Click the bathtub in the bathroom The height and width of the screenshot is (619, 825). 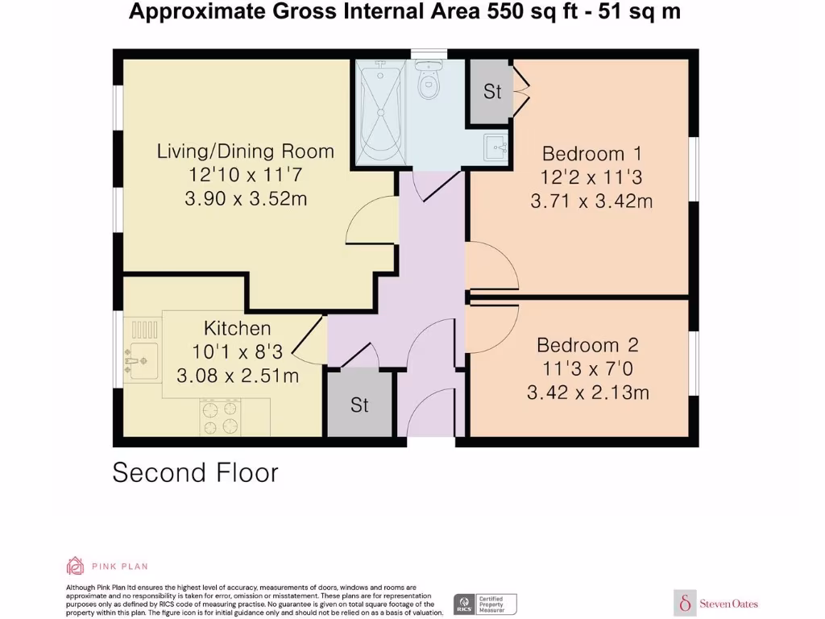tap(382, 115)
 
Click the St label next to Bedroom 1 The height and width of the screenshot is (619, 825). tap(491, 92)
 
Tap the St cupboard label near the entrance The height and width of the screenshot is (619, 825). tap(359, 405)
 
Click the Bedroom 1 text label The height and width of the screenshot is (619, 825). tap(583, 153)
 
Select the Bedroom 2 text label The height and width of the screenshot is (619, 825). tap(587, 345)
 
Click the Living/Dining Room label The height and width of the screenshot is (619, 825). tap(245, 151)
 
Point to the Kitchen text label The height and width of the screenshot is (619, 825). tap(237, 328)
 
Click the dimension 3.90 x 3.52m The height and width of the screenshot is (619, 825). tap(245, 198)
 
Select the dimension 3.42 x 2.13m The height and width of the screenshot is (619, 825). tap(587, 393)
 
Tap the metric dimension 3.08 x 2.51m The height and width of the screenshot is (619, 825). tap(238, 375)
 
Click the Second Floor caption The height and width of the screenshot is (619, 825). tap(195, 472)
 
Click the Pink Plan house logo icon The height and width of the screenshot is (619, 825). tap(75, 566)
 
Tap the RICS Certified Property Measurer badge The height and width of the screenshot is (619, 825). tap(485, 604)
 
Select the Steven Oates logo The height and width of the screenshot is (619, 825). tap(716, 603)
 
